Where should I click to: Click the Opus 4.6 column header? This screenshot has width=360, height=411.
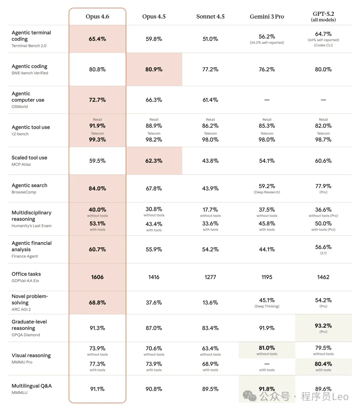click(x=97, y=17)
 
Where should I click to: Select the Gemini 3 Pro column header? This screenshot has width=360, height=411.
click(x=267, y=17)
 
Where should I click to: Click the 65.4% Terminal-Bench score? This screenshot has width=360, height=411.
click(x=97, y=39)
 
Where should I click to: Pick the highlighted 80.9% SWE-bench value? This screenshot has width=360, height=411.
click(x=154, y=69)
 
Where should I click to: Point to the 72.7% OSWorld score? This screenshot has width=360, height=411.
click(x=97, y=100)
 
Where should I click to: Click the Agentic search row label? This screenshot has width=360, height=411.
click(x=29, y=185)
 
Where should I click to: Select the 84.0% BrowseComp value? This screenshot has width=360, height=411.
click(x=97, y=189)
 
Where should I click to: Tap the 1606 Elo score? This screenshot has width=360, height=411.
click(x=97, y=277)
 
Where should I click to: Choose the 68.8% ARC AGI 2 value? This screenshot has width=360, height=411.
click(x=97, y=303)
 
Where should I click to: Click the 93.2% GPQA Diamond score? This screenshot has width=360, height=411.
click(x=323, y=326)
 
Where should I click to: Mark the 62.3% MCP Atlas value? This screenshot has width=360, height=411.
click(x=154, y=161)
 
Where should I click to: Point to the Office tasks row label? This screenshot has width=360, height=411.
click(x=26, y=274)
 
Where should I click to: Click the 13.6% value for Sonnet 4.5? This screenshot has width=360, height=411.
click(x=210, y=303)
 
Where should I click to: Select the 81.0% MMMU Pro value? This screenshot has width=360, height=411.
click(x=267, y=348)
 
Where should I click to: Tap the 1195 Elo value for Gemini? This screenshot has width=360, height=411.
click(x=267, y=277)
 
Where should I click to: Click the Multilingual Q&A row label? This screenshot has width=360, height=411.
click(x=32, y=386)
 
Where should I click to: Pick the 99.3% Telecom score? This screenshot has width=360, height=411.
click(x=97, y=140)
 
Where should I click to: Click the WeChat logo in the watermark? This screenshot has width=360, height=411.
click(x=250, y=396)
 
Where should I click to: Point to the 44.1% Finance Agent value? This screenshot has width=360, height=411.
click(x=267, y=249)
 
